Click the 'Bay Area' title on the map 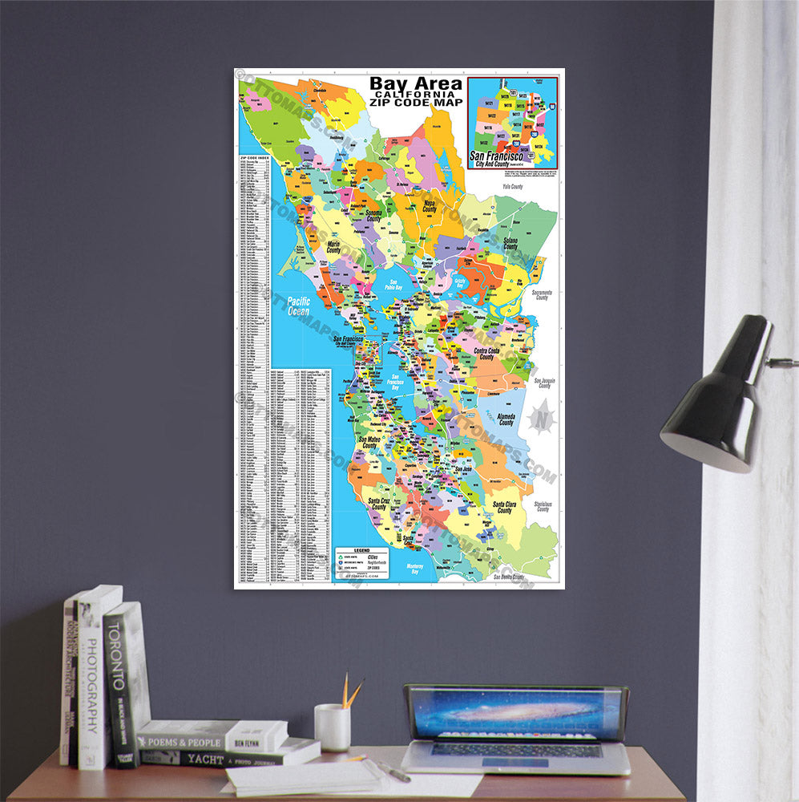click(415, 84)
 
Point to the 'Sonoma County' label click(373, 215)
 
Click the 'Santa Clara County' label click(503, 508)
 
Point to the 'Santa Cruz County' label click(379, 504)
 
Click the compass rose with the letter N click(543, 418)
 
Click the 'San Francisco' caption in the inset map click(496, 157)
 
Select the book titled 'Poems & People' click(211, 737)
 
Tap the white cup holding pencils click(332, 727)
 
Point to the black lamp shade click(715, 398)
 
